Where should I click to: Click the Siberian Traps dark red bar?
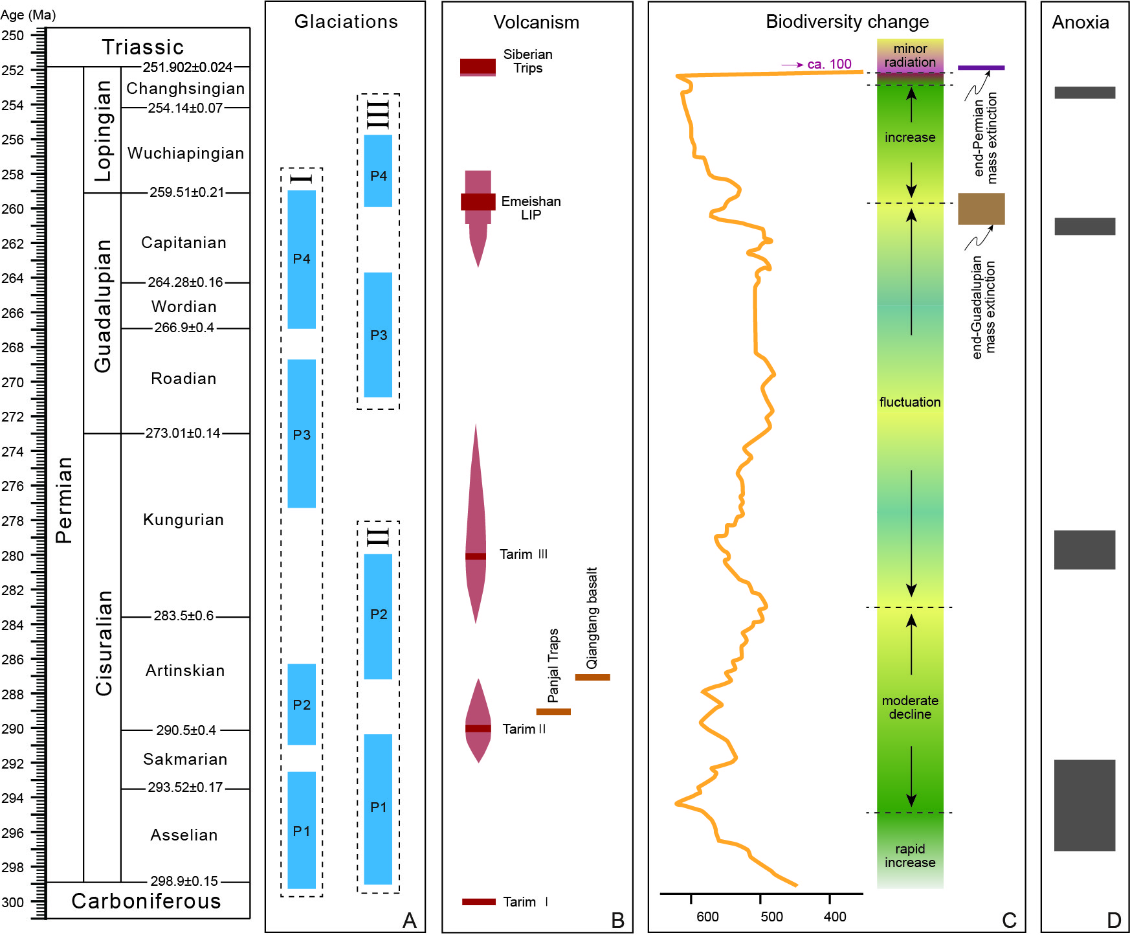click(x=478, y=66)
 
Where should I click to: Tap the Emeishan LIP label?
click(x=531, y=208)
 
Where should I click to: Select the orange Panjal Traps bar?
click(x=553, y=712)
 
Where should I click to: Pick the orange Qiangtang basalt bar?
click(x=592, y=677)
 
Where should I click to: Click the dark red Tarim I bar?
click(x=479, y=901)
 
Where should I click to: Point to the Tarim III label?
click(x=523, y=554)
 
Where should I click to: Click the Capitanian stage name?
click(x=184, y=243)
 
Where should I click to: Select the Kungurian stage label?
click(x=184, y=520)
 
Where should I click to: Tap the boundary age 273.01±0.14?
click(x=183, y=433)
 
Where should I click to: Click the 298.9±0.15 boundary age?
click(x=184, y=881)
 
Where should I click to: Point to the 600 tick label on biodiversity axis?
click(x=707, y=917)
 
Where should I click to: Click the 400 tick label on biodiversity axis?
click(x=835, y=917)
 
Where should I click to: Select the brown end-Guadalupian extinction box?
click(x=981, y=208)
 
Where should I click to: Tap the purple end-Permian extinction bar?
click(x=981, y=67)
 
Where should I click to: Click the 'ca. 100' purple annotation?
click(x=829, y=64)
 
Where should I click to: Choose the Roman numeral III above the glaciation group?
click(x=379, y=114)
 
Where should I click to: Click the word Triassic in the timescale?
click(x=143, y=47)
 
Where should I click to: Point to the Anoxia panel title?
click(x=1080, y=23)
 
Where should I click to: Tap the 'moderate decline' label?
click(x=910, y=707)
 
